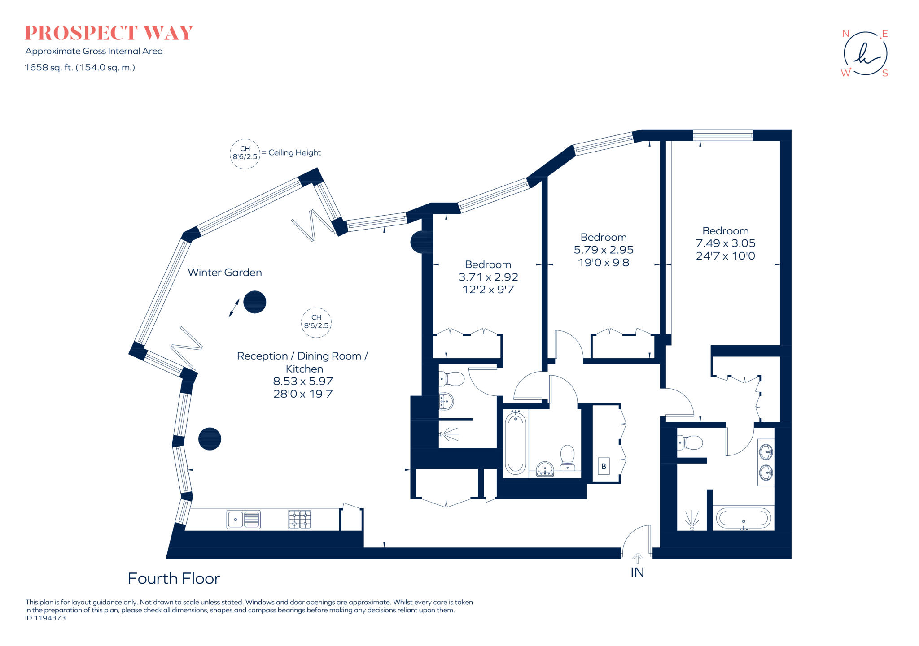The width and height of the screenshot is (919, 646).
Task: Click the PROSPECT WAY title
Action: pyautogui.click(x=109, y=33)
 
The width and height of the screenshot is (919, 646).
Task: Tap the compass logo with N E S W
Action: pyautogui.click(x=865, y=53)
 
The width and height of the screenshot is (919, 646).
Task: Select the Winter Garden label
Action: pyautogui.click(x=225, y=272)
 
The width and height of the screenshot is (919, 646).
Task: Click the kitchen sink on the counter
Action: pyautogui.click(x=243, y=520)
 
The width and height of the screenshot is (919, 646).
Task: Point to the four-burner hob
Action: pyautogui.click(x=300, y=520)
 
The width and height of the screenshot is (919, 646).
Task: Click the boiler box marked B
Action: pyautogui.click(x=604, y=466)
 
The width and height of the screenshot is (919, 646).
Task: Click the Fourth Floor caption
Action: pyautogui.click(x=174, y=578)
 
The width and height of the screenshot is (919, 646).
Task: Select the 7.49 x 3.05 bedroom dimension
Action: pyautogui.click(x=726, y=243)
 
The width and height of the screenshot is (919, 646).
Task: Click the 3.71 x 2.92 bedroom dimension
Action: pyautogui.click(x=488, y=277)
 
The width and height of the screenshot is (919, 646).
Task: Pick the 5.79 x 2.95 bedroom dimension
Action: pyautogui.click(x=604, y=250)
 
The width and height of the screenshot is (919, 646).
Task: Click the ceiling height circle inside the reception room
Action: pyautogui.click(x=316, y=322)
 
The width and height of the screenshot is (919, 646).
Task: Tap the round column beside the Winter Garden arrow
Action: pyautogui.click(x=255, y=302)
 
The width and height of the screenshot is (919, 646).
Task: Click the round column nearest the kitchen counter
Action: pyautogui.click(x=210, y=438)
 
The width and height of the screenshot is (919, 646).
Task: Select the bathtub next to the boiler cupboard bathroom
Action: pyautogui.click(x=516, y=443)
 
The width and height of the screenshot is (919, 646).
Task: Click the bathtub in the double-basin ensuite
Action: pyautogui.click(x=743, y=518)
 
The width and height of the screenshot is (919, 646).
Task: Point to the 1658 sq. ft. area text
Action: pyautogui.click(x=80, y=68)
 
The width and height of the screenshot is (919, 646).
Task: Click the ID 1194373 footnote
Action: pyautogui.click(x=45, y=618)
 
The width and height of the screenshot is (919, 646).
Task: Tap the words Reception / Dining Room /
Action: pyautogui.click(x=302, y=356)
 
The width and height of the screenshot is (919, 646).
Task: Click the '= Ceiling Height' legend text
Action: pyautogui.click(x=291, y=152)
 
